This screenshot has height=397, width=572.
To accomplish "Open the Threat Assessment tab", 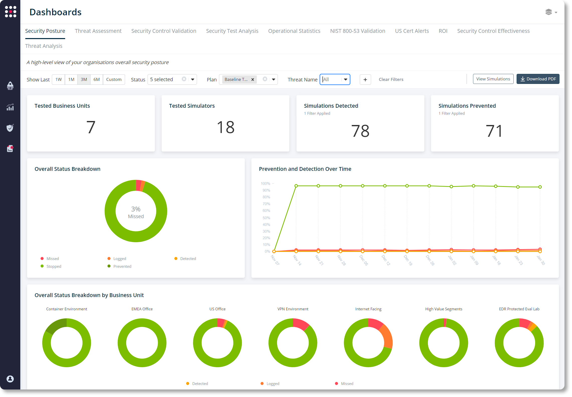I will coord(98,31).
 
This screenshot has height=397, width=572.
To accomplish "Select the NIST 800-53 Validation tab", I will coord(358,31).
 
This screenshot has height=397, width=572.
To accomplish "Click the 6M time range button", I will coord(96,79).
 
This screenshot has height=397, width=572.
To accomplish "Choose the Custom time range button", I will coord(114,79).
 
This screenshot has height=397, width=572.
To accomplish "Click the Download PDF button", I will coord(538,79).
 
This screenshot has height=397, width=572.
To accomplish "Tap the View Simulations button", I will coord(493,79).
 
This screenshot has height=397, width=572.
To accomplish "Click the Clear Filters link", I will coord(391,79).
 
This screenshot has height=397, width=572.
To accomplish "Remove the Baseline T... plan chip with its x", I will coord(253,80).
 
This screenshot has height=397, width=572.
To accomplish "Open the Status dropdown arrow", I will coord(193,79).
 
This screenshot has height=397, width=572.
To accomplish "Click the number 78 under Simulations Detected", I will coord(360,131).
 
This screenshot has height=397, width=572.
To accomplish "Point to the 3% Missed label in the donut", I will coord(136,212).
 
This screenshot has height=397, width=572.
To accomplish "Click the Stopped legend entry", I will coord(54,266).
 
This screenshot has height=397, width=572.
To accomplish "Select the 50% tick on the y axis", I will coord(266,218).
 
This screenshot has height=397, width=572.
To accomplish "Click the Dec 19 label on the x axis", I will coord(408,260).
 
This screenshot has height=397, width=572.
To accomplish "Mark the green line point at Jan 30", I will coord(540,187).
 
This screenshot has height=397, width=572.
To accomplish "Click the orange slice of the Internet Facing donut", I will coord(387,337).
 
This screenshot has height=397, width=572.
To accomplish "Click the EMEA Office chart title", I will coord(142,309).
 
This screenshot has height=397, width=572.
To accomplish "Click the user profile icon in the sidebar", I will coord(10,379).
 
